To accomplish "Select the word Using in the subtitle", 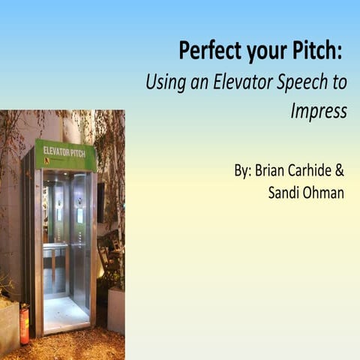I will (164, 82).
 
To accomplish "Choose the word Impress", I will (318, 111).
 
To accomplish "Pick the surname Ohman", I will (325, 193).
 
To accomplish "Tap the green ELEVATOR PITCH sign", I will (65, 154).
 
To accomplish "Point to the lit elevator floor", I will (65, 311).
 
